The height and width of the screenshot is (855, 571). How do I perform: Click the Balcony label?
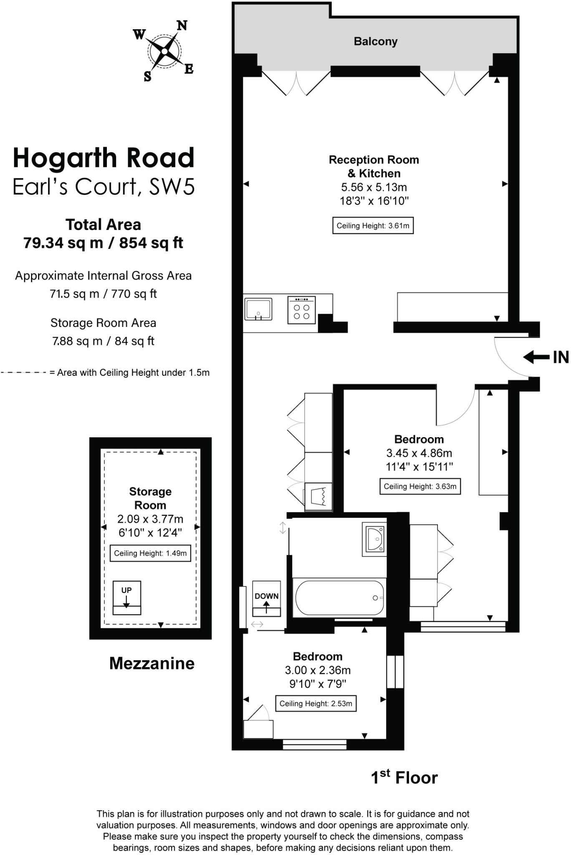[x=375, y=41]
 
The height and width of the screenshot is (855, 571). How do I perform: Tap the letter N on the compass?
[x=182, y=25]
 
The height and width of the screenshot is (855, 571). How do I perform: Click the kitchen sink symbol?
[x=258, y=309]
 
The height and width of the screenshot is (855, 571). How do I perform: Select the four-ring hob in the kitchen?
[x=301, y=310]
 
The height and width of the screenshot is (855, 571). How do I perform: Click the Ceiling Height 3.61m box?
[x=373, y=226]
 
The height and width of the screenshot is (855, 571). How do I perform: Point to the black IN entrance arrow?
[x=536, y=357]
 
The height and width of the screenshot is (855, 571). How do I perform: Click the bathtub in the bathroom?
[x=339, y=598]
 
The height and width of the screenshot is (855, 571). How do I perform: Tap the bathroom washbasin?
[x=374, y=539]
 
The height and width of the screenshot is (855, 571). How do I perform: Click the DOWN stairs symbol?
[x=266, y=599]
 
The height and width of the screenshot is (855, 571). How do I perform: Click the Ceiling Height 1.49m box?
[x=150, y=553]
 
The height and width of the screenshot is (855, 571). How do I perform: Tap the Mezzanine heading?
[x=152, y=663]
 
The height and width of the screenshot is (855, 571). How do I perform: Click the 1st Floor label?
[x=404, y=778]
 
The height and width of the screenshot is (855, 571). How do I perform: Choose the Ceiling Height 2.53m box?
[x=316, y=703]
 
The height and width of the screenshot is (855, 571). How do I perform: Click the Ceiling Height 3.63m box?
[x=420, y=486]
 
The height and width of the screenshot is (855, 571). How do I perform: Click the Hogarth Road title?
[x=104, y=158]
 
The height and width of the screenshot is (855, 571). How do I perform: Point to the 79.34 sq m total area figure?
[x=63, y=243]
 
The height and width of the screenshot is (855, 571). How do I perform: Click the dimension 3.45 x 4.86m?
[x=419, y=453]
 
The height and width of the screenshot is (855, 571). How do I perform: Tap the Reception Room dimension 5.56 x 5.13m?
[x=374, y=187]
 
